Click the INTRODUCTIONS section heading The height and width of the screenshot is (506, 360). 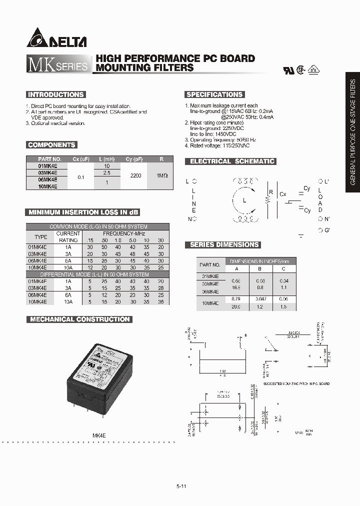point(55,94)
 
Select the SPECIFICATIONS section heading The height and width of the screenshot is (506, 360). point(214,94)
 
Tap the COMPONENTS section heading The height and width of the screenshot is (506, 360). point(51,145)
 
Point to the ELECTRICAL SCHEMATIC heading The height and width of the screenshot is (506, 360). point(230,161)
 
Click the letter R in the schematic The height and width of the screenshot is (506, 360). point(270,192)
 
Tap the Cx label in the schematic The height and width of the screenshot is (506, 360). point(283,194)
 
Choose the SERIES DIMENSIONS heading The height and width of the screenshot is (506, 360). point(224,244)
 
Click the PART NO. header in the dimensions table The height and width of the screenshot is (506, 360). point(209,264)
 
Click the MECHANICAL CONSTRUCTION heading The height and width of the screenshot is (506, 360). point(79,319)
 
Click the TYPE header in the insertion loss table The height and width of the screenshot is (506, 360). point(40,236)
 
